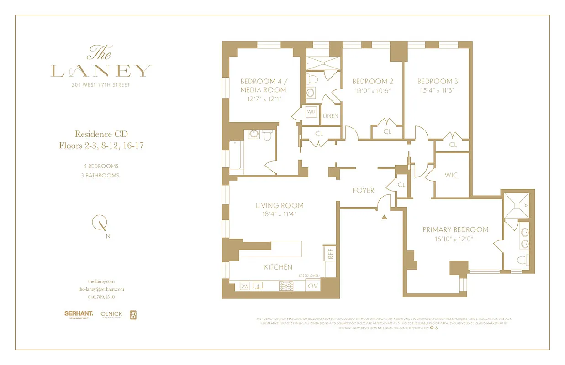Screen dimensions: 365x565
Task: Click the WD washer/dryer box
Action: (311, 112)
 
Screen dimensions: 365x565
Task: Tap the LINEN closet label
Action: (331, 116)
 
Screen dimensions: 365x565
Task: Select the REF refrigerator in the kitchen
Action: (329, 254)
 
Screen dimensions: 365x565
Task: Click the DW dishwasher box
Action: (245, 286)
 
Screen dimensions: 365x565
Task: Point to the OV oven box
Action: (313, 286)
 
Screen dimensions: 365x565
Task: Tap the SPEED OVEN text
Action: (309, 276)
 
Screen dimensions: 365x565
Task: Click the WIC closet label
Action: (451, 175)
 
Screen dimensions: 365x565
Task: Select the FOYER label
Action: (363, 190)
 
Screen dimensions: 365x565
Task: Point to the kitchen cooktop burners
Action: (287, 286)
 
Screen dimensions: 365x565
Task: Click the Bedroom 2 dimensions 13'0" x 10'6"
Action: (373, 90)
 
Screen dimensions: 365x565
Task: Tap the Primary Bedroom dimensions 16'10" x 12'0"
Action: (455, 238)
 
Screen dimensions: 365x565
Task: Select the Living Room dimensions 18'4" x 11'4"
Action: (280, 214)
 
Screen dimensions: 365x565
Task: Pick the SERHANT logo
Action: (79, 314)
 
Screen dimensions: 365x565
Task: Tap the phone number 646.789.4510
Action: (101, 297)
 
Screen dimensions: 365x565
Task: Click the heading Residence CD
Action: (101, 134)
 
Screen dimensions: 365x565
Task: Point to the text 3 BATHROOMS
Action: (100, 175)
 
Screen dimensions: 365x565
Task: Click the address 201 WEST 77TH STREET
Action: (101, 84)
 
